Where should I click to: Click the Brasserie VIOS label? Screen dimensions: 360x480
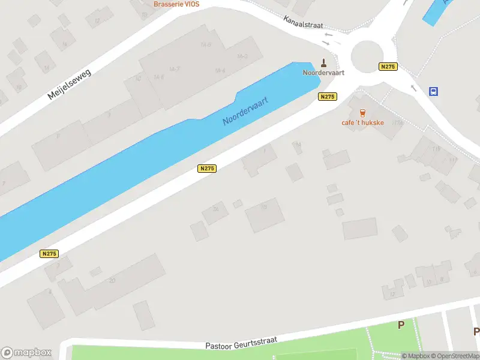point(176,4)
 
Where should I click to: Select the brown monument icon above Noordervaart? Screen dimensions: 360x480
point(324,62)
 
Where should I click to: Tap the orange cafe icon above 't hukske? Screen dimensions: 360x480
point(362,112)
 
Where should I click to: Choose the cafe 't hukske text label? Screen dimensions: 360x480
point(362,124)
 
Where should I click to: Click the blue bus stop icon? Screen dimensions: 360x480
point(433,91)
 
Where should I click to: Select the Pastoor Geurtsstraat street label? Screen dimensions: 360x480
point(241,343)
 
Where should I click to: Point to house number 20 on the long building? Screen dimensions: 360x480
point(112,280)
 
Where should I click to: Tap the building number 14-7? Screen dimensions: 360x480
point(175,69)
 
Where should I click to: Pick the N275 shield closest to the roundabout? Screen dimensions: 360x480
point(388,67)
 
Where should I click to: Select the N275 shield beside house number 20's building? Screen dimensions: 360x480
point(49,254)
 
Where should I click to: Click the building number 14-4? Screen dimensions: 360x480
point(220,71)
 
